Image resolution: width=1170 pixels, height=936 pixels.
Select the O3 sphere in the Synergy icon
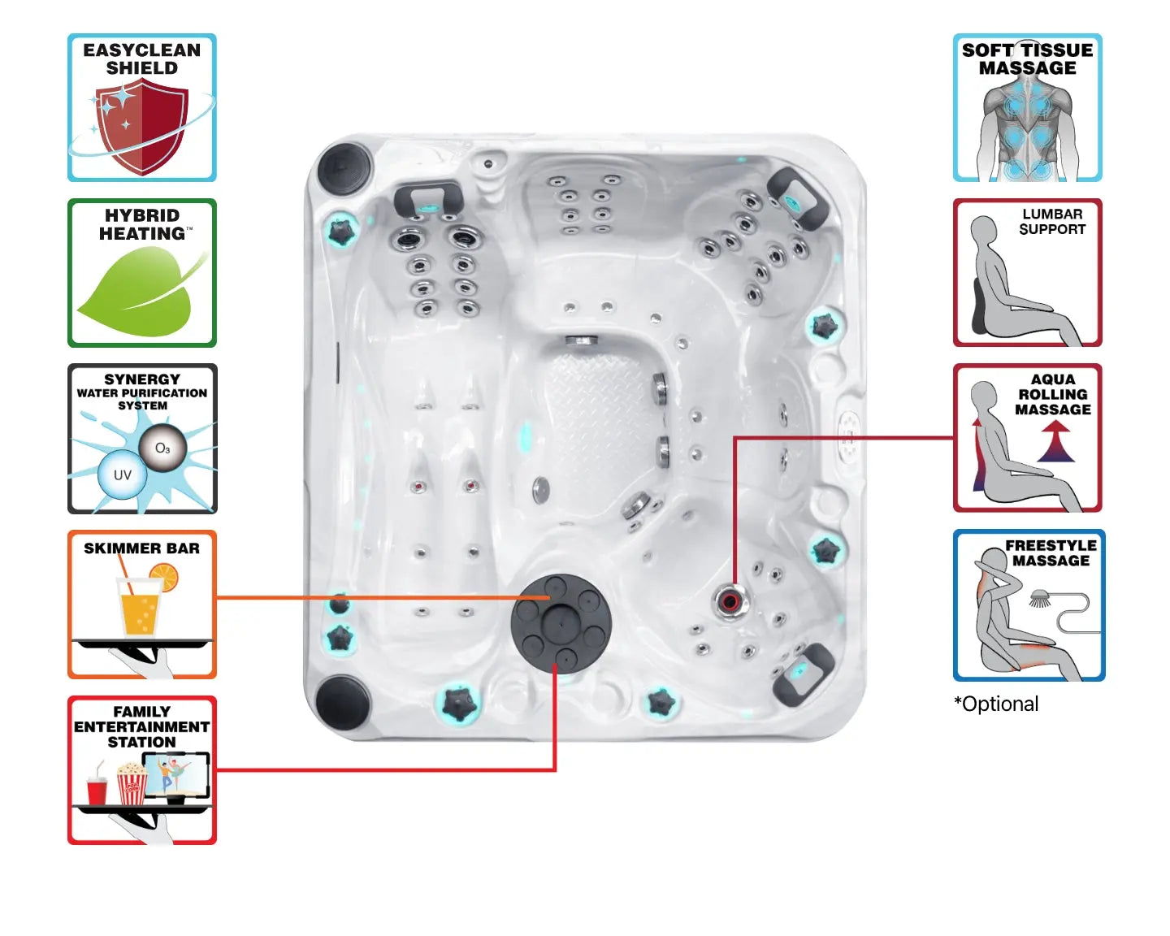[162, 448]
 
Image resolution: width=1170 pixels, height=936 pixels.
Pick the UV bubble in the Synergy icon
[122, 475]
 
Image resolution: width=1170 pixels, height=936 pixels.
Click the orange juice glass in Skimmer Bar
[141, 609]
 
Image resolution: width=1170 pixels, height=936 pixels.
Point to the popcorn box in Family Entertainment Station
[132, 784]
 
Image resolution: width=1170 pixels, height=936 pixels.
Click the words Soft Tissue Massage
[1027, 59]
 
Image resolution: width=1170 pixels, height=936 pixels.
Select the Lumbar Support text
[1052, 221]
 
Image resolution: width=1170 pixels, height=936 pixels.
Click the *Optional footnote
[996, 704]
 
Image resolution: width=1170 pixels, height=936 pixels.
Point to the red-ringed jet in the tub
[729, 602]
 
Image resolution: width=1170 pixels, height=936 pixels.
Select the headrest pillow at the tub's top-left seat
[428, 199]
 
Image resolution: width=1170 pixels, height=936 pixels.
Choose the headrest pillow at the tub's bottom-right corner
[802, 671]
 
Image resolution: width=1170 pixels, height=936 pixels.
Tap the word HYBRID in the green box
[142, 215]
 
